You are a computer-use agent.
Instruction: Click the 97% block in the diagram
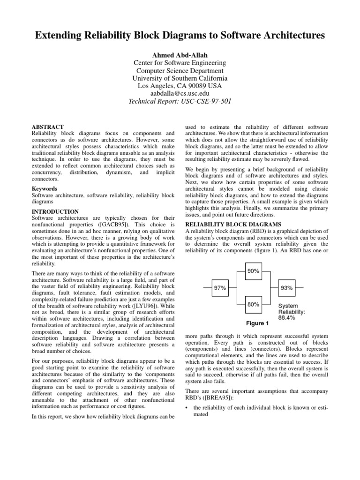click(220, 288)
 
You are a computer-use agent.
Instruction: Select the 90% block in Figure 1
click(254, 271)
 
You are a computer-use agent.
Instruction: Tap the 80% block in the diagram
click(254, 305)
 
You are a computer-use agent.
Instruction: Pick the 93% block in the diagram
click(287, 288)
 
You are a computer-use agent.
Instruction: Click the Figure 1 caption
click(258, 323)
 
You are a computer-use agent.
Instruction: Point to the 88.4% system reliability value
click(287, 317)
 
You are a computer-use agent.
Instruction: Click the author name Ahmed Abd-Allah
click(180, 54)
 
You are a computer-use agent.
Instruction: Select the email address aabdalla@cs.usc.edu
click(180, 94)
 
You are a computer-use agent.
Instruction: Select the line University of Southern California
click(180, 78)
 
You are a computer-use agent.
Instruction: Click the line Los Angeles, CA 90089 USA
click(180, 86)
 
